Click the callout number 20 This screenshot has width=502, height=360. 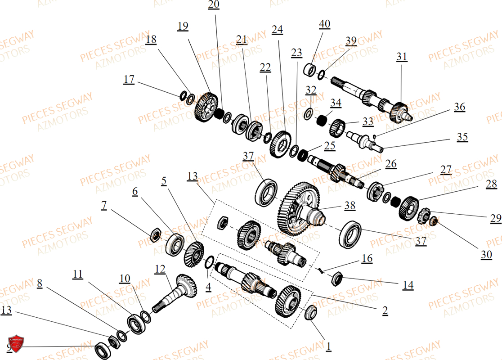pyautogui.click(x=214, y=5)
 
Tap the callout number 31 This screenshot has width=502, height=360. pyautogui.click(x=402, y=56)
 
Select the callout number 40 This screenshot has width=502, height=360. pyautogui.click(x=324, y=24)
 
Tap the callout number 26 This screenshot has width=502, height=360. pyautogui.click(x=391, y=164)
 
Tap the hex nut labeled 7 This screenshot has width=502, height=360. pyautogui.click(x=155, y=234)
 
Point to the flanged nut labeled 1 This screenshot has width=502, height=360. pyautogui.click(x=310, y=312)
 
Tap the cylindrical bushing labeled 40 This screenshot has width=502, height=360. pyautogui.click(x=309, y=71)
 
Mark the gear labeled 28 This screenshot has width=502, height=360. pyautogui.click(x=408, y=208)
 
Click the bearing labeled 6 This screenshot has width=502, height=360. pyautogui.click(x=175, y=245)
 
